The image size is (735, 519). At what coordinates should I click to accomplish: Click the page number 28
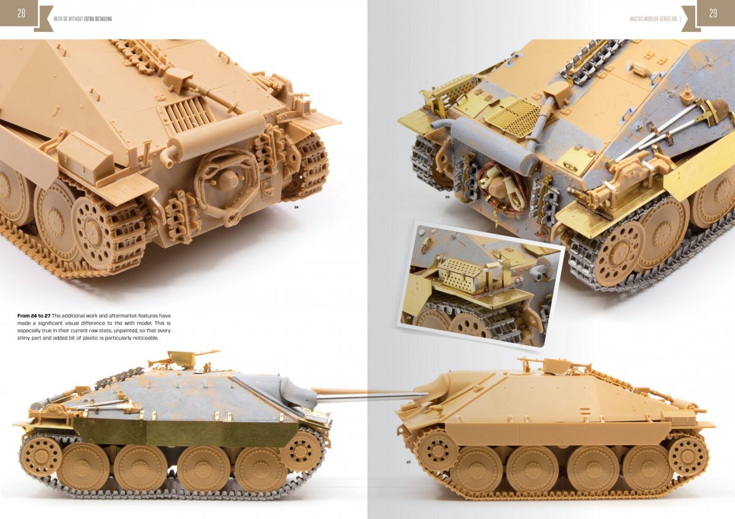click(21, 13)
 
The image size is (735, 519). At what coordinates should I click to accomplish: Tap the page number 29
click(713, 13)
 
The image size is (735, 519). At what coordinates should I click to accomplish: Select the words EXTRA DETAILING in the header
click(98, 19)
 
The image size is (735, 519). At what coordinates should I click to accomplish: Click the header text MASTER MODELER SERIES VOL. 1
click(655, 19)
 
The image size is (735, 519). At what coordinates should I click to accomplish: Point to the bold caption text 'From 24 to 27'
click(34, 316)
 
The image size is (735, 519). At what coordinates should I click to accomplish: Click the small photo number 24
click(296, 207)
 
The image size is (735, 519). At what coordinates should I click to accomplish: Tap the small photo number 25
click(447, 197)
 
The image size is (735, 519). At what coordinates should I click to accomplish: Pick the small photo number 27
click(409, 462)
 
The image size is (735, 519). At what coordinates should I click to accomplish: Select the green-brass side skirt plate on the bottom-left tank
click(186, 430)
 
